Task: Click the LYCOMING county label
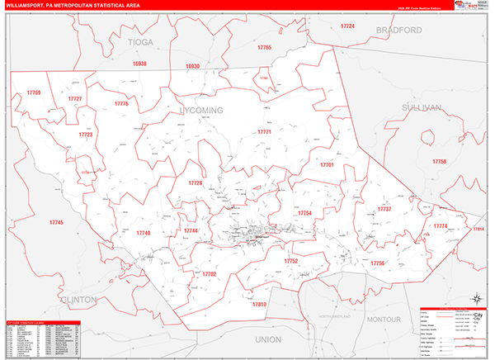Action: (201, 109)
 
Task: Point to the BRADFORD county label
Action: (398, 31)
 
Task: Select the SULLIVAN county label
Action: (422, 107)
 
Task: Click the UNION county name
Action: (268, 339)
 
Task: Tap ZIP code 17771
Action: (264, 132)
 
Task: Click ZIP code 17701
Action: (327, 165)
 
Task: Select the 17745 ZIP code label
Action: (56, 223)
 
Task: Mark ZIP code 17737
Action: (383, 209)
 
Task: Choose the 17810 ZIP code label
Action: (260, 305)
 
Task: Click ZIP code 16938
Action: (139, 64)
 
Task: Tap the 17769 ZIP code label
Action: (33, 92)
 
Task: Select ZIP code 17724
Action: (347, 26)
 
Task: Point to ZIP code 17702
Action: (209, 273)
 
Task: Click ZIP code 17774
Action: (441, 225)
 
